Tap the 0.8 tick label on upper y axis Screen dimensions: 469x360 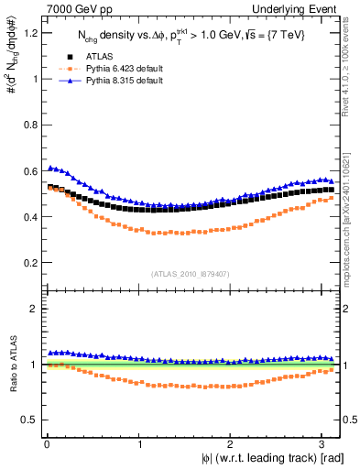(27, 125)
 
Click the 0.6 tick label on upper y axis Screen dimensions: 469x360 (27, 171)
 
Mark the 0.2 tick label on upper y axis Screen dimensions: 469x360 (27, 263)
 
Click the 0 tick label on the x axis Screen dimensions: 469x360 (46, 443)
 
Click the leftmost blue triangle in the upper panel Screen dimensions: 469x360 (49, 168)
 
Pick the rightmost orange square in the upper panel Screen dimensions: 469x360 (331, 197)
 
